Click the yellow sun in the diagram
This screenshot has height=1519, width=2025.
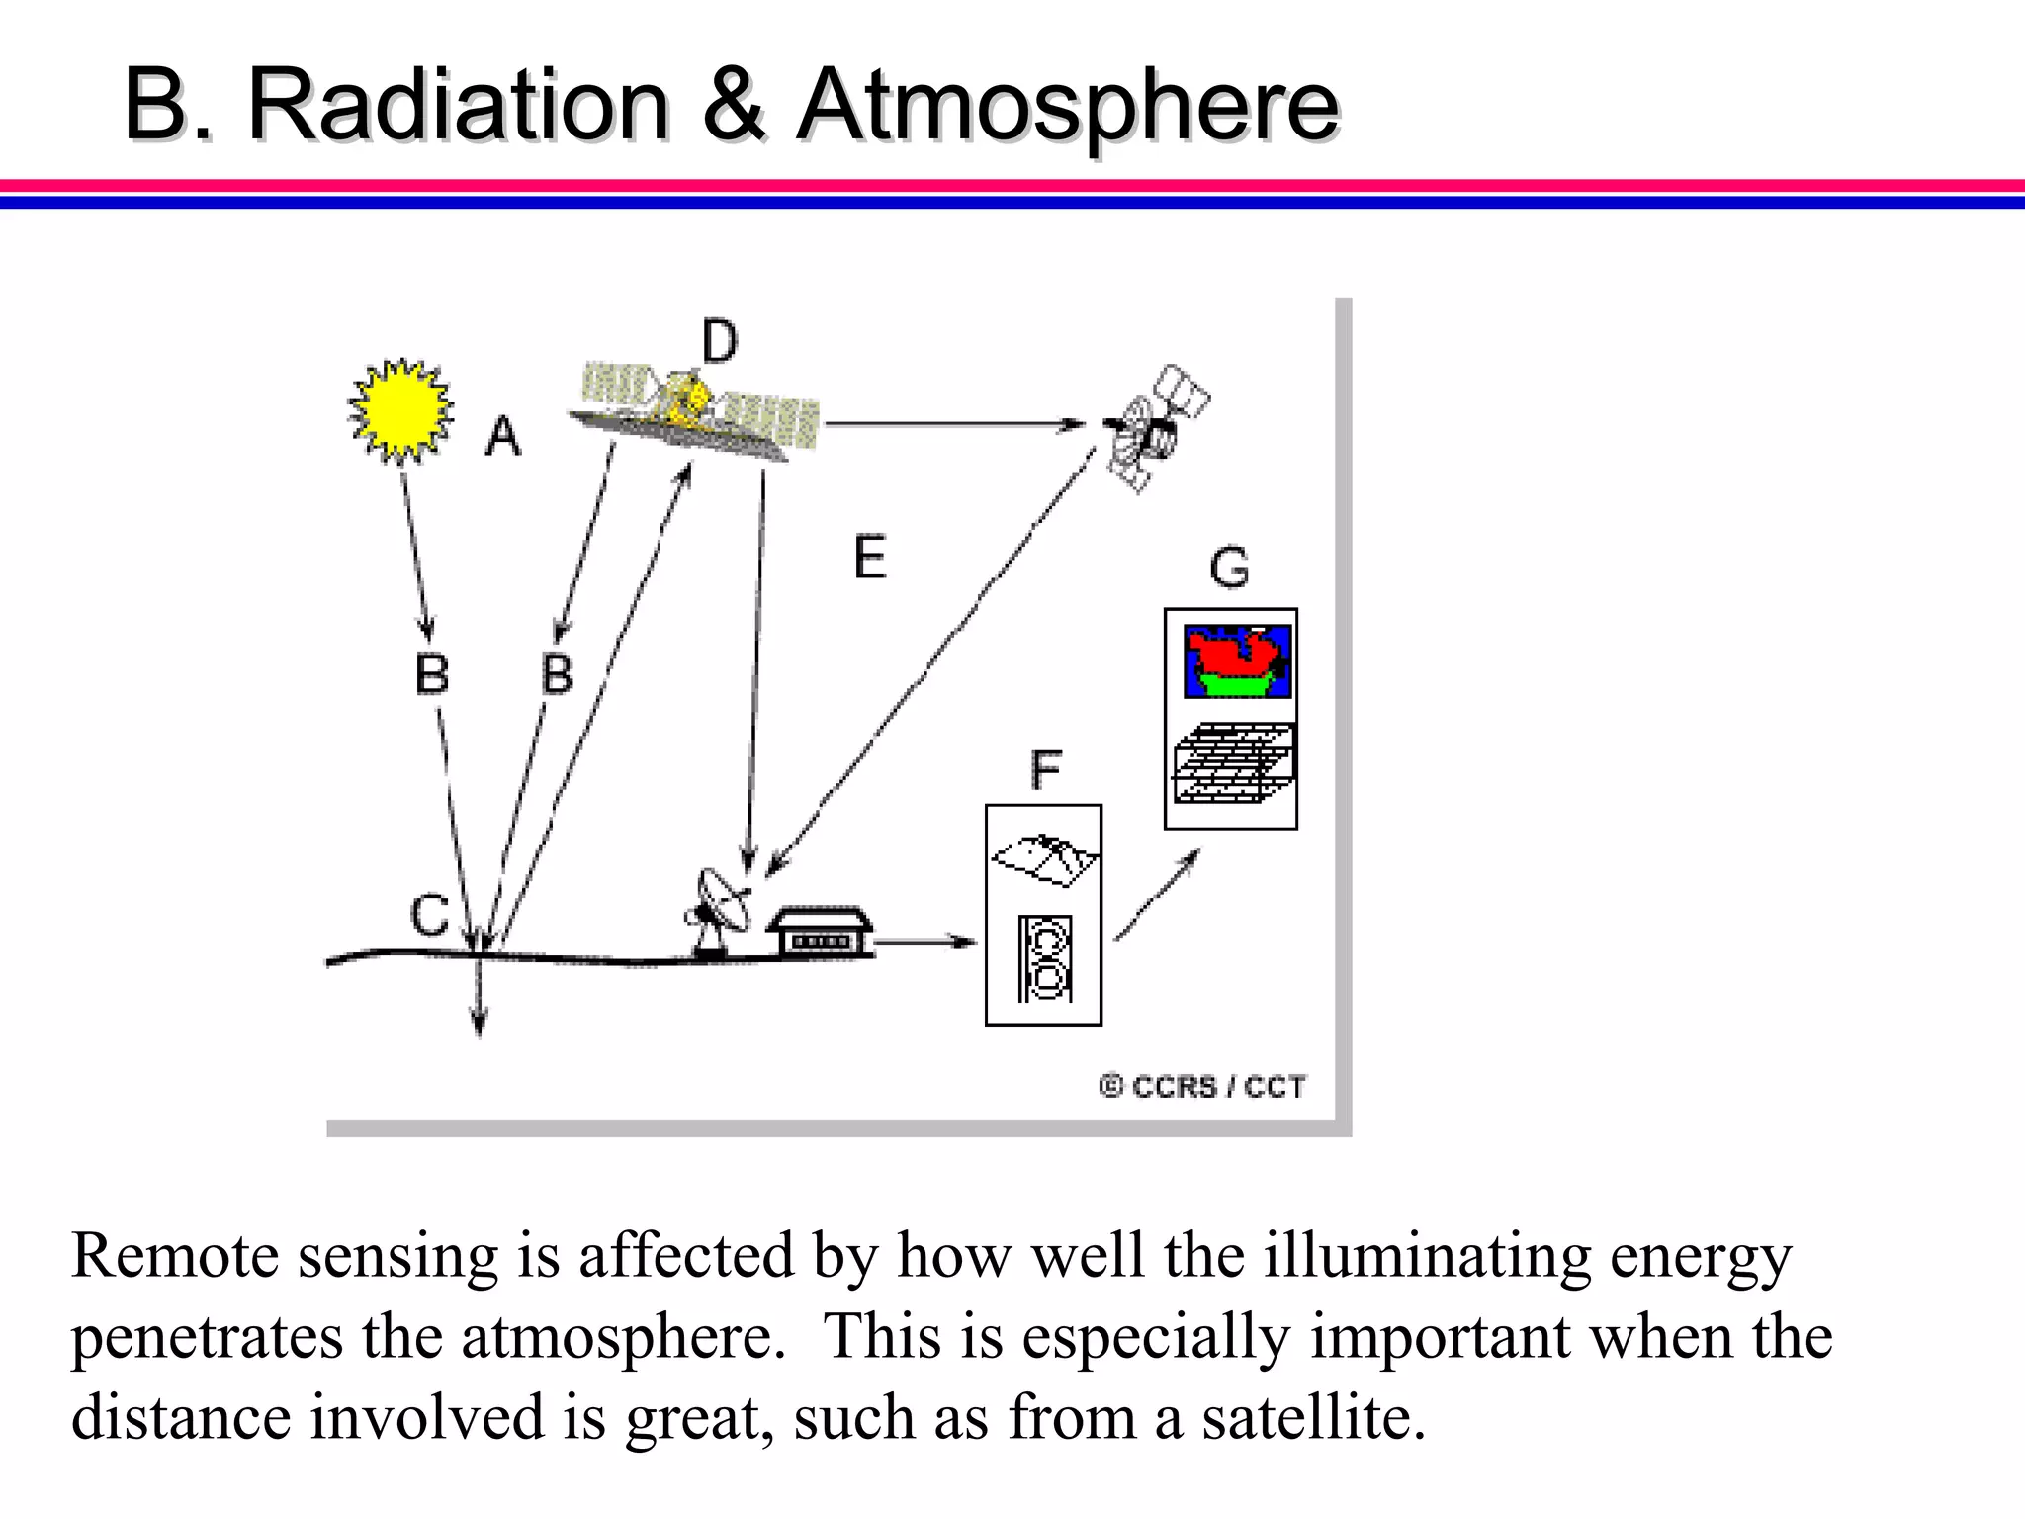tap(400, 410)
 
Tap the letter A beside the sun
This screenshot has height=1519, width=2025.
tap(502, 436)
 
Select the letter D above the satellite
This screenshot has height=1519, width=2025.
tap(719, 342)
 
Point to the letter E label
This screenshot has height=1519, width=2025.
tap(870, 557)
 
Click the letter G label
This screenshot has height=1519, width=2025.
tap(1229, 569)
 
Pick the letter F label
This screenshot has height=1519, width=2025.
tap(1045, 769)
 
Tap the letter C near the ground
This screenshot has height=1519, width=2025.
tap(430, 915)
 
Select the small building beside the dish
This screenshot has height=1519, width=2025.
tap(821, 933)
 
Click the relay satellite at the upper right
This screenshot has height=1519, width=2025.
tap(1152, 427)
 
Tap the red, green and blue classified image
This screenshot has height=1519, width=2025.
tap(1237, 662)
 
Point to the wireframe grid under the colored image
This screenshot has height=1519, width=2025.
tap(1233, 762)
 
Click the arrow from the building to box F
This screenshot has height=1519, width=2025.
tap(924, 941)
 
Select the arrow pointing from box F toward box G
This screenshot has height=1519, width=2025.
tap(1157, 895)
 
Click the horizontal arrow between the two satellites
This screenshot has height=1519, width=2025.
tap(954, 424)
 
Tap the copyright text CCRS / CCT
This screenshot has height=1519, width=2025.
tap(1202, 1087)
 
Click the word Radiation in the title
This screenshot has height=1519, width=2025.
tap(458, 105)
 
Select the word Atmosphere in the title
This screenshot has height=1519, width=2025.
tap(1068, 105)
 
